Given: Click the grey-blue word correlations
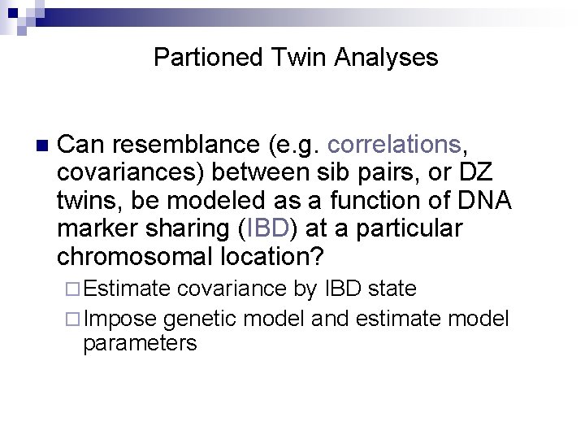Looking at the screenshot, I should pyautogui.click(x=394, y=145).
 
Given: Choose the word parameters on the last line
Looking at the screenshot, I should pyautogui.click(x=140, y=343).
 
